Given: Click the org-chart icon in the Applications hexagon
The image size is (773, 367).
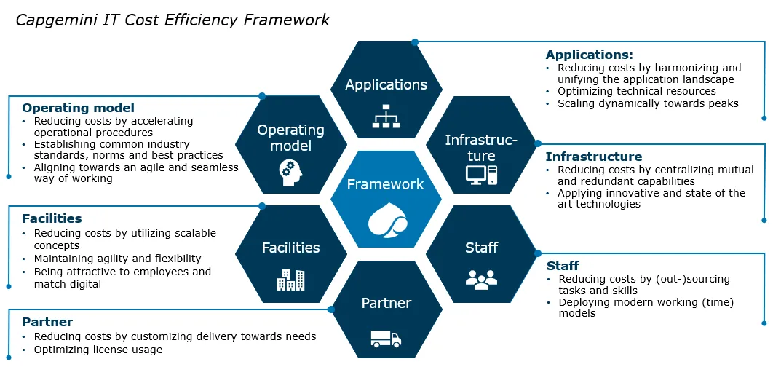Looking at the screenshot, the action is [x=386, y=116].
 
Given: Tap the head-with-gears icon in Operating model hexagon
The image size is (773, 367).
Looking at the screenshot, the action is [x=291, y=171].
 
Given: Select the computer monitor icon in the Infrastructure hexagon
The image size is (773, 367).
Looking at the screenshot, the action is [x=481, y=175].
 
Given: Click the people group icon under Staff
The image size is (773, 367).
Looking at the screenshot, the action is [x=481, y=279].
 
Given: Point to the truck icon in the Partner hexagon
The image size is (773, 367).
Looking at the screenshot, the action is [x=386, y=339].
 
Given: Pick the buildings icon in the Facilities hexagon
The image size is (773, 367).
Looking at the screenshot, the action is [x=291, y=280].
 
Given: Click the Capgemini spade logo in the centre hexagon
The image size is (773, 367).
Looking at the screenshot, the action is [x=386, y=219].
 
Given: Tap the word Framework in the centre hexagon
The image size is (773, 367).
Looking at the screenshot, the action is [x=386, y=184].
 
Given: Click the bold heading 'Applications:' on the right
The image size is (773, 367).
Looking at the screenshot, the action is [x=589, y=55].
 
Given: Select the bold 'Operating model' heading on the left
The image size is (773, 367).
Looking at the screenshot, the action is [x=79, y=108].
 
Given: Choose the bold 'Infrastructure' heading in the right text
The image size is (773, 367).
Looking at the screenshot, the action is [x=594, y=157].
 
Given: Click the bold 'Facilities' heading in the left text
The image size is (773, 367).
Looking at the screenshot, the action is [x=52, y=218].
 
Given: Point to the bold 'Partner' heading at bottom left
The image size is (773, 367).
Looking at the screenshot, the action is [x=47, y=322].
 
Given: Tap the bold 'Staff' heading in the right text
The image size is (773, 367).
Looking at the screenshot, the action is [x=563, y=267].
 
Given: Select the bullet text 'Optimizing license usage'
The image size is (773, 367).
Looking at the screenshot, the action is [x=98, y=350].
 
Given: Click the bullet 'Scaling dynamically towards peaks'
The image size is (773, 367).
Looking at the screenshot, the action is [x=649, y=103].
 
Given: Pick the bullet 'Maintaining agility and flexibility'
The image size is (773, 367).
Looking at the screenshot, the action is [x=118, y=259].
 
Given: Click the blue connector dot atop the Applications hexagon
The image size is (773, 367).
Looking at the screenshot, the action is [x=415, y=42].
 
